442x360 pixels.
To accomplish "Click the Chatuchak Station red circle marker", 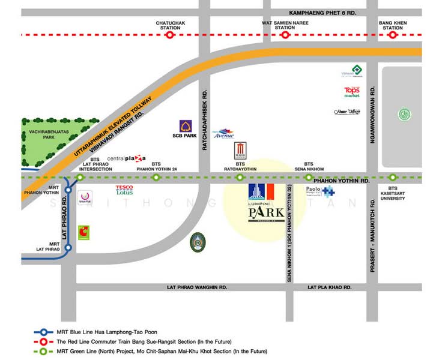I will coord(170,35).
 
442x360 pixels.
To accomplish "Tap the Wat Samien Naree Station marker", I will coord(285,35).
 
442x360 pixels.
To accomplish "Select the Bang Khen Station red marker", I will coord(392,35).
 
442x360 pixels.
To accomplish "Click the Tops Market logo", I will coord(351,92).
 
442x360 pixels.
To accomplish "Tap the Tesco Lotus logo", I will coord(124,191).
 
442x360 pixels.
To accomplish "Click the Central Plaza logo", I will coord(126,158).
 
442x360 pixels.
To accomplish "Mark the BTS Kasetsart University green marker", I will coord(392,178).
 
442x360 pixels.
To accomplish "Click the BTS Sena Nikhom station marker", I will coord(309,178).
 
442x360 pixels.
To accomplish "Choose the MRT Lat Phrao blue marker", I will coord(68,247).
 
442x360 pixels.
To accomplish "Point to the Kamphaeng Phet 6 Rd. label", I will coord(322,12).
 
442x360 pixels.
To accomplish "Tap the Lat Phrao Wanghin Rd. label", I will coord(196,288).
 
